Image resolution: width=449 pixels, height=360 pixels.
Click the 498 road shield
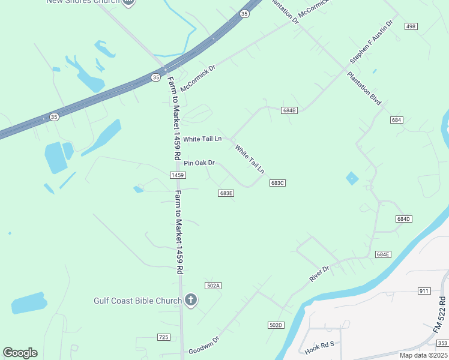411,26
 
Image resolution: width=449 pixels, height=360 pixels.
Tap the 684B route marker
289,110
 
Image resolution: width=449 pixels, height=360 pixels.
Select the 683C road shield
277,183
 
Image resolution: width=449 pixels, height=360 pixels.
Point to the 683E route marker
226,193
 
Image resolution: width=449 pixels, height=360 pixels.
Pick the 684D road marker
403,219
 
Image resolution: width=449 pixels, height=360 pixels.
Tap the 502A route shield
213,286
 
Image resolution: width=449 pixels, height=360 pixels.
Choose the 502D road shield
275,325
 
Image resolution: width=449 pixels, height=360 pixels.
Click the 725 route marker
163,338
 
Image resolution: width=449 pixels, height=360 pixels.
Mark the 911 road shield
424,291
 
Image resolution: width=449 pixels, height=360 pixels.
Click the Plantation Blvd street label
364,89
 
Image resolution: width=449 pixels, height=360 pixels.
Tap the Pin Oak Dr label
199,163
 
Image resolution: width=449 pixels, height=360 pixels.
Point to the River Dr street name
319,273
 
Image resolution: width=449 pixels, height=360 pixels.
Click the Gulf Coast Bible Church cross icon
191,300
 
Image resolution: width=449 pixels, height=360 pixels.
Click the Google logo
20,353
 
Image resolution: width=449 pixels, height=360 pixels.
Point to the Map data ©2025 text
423,355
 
